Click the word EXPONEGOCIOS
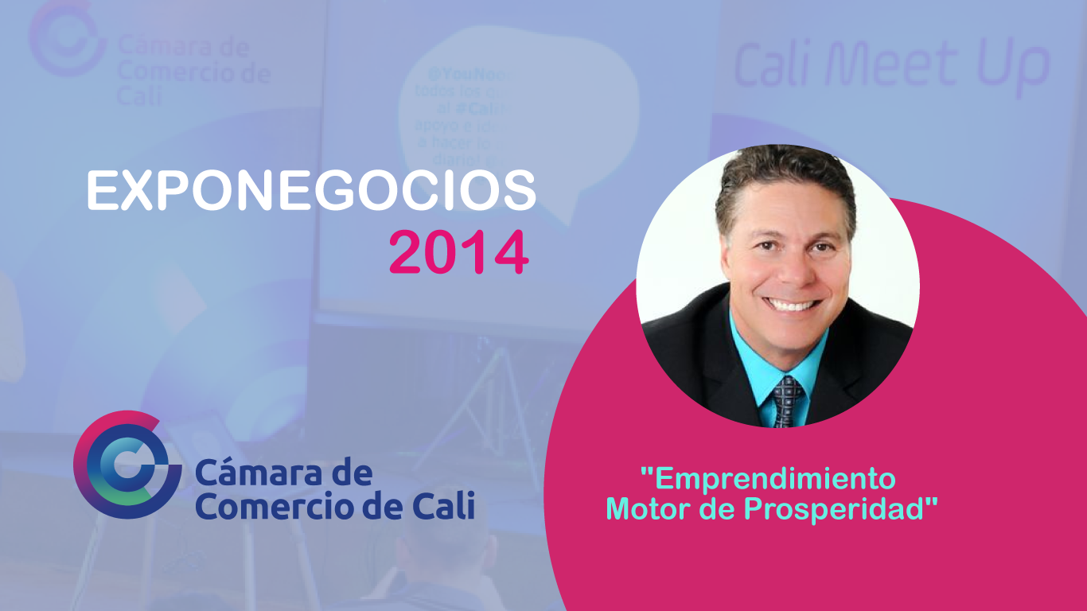point(311,192)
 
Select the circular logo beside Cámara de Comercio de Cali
point(127,465)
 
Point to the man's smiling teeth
point(793,305)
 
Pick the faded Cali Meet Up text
point(890,66)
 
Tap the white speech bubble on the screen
point(517,111)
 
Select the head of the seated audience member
point(446,541)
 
